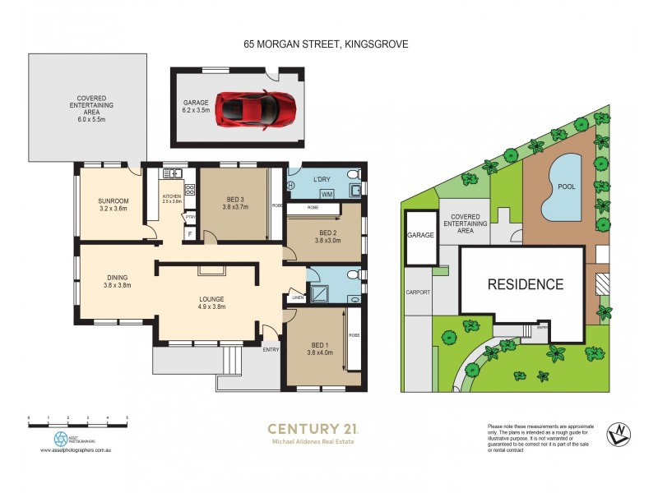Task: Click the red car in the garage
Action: coord(254,109)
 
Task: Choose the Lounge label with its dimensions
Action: coord(211,302)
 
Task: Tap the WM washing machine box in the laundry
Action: coord(327,194)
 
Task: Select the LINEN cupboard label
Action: coord(295,297)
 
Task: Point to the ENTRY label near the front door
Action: coord(271,349)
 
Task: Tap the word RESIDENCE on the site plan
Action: coord(526,285)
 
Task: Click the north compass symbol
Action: coord(618,434)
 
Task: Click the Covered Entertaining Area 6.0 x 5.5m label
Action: coord(89,106)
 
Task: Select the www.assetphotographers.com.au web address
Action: coord(76,451)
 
